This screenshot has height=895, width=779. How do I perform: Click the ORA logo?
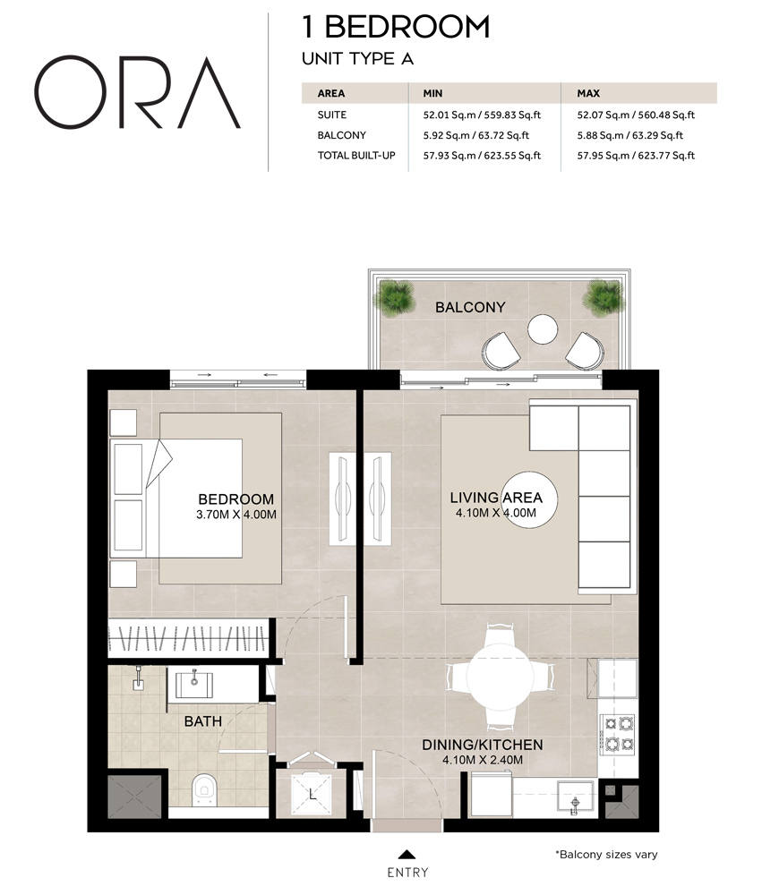[x=137, y=92]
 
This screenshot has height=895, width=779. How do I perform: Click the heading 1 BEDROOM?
[x=397, y=27]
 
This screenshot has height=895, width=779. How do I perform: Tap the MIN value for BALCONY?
[x=475, y=136]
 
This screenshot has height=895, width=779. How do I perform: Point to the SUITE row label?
[x=331, y=115]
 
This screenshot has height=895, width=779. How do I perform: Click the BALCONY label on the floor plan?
[x=470, y=308]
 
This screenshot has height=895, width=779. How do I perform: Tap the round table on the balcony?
[x=543, y=329]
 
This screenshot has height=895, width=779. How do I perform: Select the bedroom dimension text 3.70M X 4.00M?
[x=235, y=515]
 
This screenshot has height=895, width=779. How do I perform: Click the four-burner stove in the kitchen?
[x=617, y=732]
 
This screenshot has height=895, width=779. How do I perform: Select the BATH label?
[x=203, y=720]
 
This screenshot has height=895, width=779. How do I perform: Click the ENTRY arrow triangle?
[x=407, y=854]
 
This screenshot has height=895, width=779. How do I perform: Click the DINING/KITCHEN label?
[x=482, y=745]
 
